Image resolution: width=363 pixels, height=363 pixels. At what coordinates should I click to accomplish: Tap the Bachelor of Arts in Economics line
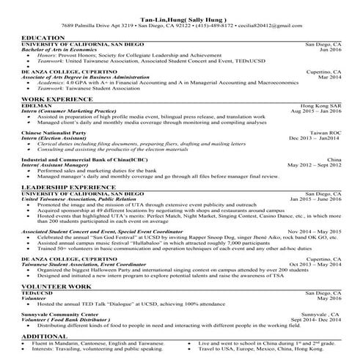(59, 49)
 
